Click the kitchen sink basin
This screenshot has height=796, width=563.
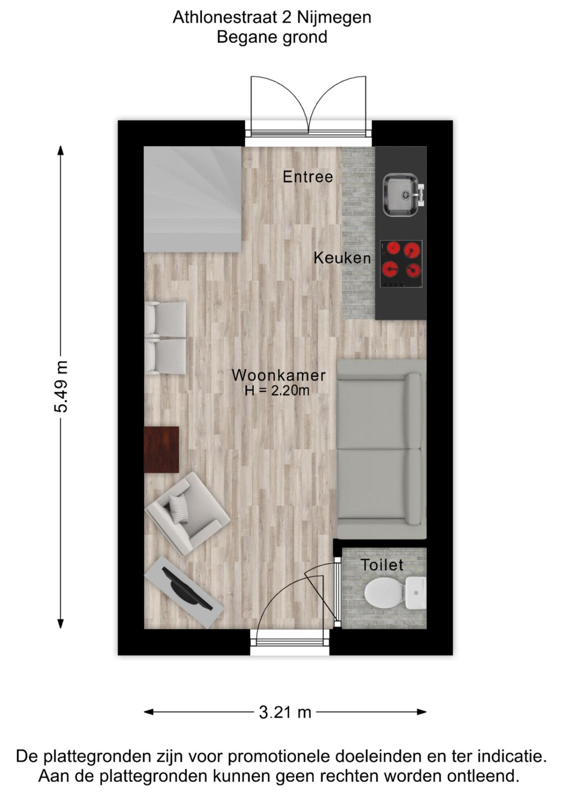(399, 194)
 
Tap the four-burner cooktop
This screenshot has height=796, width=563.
(401, 264)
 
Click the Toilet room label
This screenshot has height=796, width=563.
(382, 565)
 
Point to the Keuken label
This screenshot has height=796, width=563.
(342, 258)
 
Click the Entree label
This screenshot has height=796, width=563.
(307, 177)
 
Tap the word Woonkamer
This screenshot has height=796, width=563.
(278, 375)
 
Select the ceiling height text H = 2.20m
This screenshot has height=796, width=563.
(277, 390)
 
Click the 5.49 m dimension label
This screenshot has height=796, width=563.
(61, 387)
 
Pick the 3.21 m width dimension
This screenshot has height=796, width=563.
(285, 712)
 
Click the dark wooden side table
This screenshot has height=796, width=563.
(161, 449)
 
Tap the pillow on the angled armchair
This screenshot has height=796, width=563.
(178, 508)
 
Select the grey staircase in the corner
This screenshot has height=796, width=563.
(192, 199)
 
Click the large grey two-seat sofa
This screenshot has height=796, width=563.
(381, 449)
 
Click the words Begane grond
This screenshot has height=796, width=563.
(272, 37)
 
